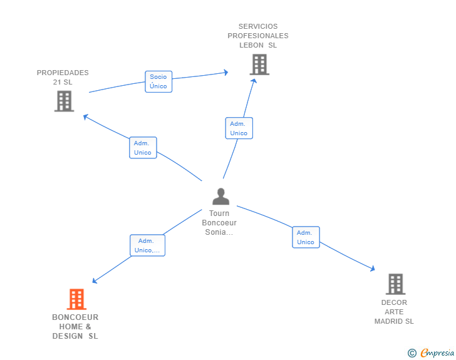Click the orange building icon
click(x=76, y=299)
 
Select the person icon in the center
click(x=220, y=197)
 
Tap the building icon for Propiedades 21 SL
click(x=65, y=101)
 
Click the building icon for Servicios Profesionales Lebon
click(x=259, y=64)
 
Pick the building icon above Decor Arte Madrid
click(x=395, y=284)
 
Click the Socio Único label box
click(x=158, y=82)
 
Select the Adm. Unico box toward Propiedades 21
click(x=143, y=148)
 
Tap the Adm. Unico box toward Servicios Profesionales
click(x=239, y=128)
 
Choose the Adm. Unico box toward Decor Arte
click(x=306, y=237)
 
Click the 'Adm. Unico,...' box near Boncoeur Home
click(x=147, y=245)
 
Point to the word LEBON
click(x=252, y=45)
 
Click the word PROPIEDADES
click(x=63, y=73)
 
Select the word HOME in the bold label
click(x=71, y=327)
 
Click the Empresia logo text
click(x=437, y=352)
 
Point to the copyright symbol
click(x=412, y=353)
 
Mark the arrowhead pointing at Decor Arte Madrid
click(x=373, y=269)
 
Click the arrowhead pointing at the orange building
click(x=95, y=280)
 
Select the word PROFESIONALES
click(x=258, y=36)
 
